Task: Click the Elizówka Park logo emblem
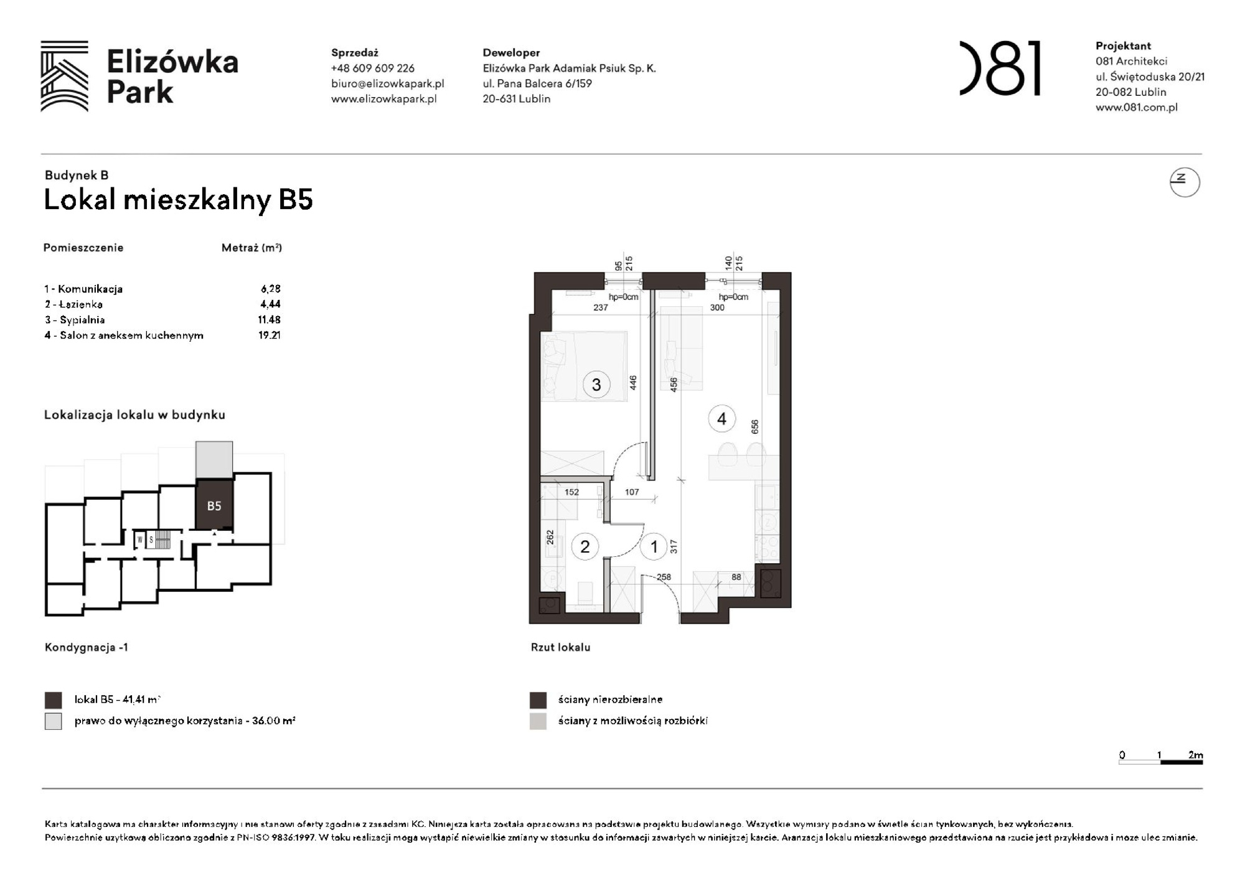pyautogui.click(x=64, y=76)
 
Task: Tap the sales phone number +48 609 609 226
pyautogui.click(x=372, y=68)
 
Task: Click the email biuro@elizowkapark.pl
pyautogui.click(x=387, y=83)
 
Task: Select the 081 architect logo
pyautogui.click(x=1000, y=68)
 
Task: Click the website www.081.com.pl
pyautogui.click(x=1136, y=107)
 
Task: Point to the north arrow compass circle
pyautogui.click(x=1184, y=182)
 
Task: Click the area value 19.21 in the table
pyautogui.click(x=269, y=335)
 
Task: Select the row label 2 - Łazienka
pyautogui.click(x=73, y=304)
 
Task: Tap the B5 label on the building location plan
pyautogui.click(x=214, y=506)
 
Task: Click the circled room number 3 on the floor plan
pyautogui.click(x=596, y=385)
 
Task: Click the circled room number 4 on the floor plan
pyautogui.click(x=721, y=419)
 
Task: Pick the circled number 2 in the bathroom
pyautogui.click(x=585, y=547)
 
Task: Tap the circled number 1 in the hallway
pyautogui.click(x=654, y=547)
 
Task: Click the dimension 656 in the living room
pyautogui.click(x=754, y=427)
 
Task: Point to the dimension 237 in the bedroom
pyautogui.click(x=600, y=307)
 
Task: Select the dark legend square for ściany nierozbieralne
pyautogui.click(x=538, y=700)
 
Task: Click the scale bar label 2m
pyautogui.click(x=1195, y=755)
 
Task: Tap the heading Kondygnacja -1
pyautogui.click(x=86, y=647)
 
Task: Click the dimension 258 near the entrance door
pyautogui.click(x=664, y=577)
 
